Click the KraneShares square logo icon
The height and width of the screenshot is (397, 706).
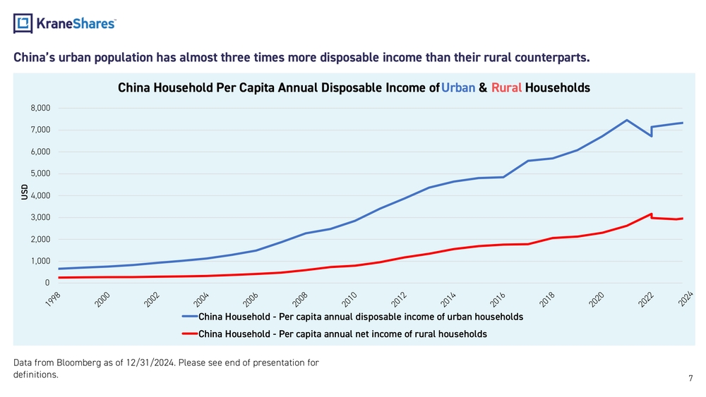tap(23, 24)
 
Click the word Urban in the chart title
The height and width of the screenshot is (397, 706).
tap(458, 88)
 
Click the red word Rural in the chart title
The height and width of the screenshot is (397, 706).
tap(506, 88)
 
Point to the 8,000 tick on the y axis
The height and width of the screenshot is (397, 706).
tap(40, 108)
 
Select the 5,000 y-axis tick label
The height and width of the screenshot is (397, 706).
tap(40, 173)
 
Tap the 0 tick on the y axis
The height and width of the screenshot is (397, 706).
tap(47, 283)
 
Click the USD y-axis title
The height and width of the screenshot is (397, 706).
tap(25, 191)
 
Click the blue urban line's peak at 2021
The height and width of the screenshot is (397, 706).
tap(626, 120)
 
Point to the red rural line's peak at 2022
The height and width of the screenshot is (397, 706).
tap(651, 213)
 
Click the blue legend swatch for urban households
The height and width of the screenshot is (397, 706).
tap(189, 317)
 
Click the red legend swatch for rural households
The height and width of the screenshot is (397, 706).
tap(189, 334)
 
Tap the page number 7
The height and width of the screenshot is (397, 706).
tap(690, 379)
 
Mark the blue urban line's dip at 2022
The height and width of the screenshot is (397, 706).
tap(651, 135)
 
